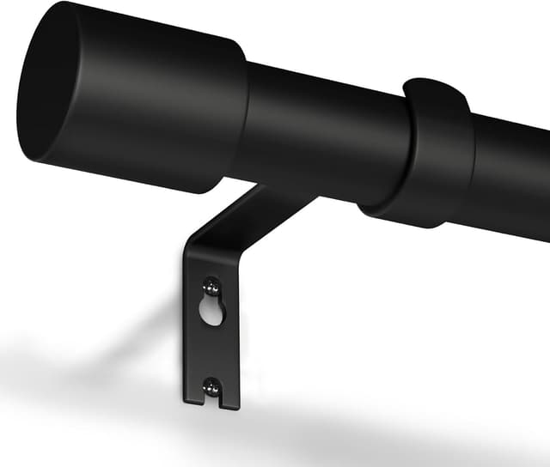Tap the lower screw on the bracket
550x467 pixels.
click(x=209, y=388)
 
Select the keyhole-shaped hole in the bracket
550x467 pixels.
click(x=211, y=310)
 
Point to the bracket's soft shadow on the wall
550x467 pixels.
click(x=103, y=343)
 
